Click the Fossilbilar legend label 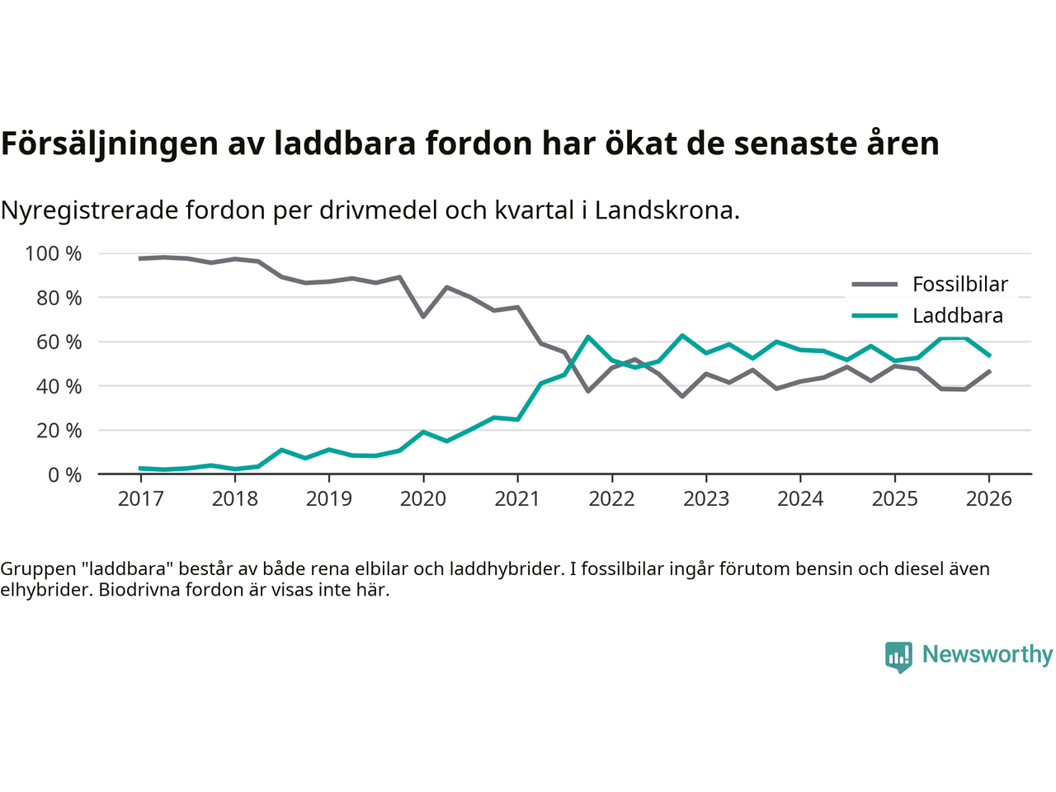point(959,285)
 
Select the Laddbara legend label point(957,316)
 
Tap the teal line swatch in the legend point(874,316)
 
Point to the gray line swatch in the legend point(874,285)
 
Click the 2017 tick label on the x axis point(140,499)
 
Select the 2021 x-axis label point(517,499)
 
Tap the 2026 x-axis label point(988,499)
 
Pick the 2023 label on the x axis point(706,499)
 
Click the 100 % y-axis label point(54,254)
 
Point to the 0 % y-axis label point(64,475)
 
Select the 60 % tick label point(59,342)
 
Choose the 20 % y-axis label point(59,431)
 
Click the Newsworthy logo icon point(898,657)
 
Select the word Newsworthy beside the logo point(987,654)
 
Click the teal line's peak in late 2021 point(587,337)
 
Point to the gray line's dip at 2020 point(423,316)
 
